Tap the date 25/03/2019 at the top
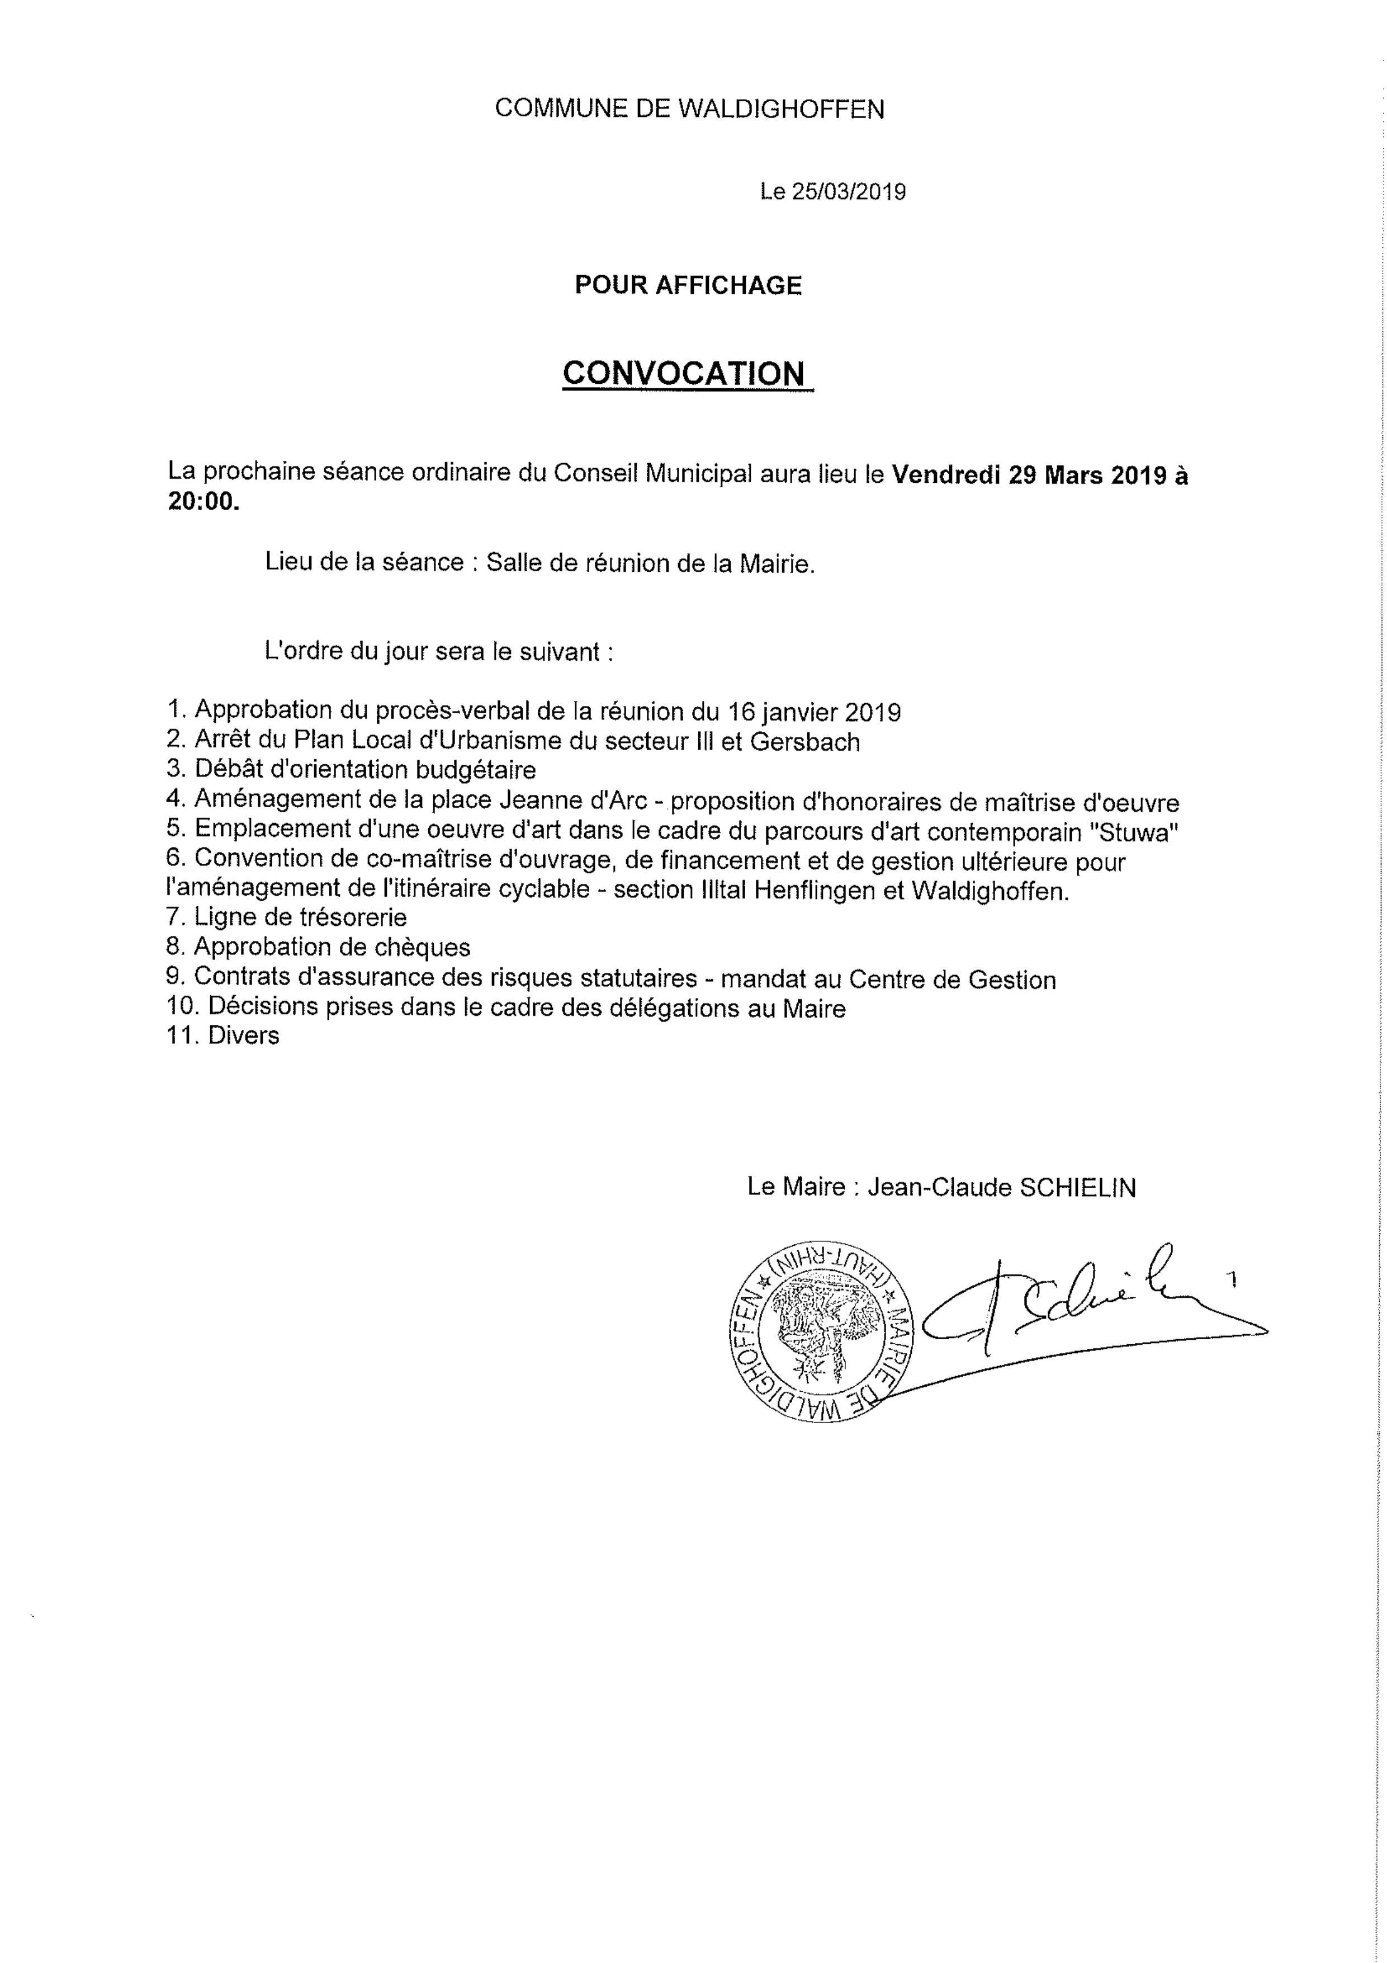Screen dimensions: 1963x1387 pos(849,192)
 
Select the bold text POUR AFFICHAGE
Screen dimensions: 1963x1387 pos(688,285)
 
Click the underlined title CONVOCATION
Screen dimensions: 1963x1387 pos(684,374)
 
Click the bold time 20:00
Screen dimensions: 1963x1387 pos(203,503)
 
